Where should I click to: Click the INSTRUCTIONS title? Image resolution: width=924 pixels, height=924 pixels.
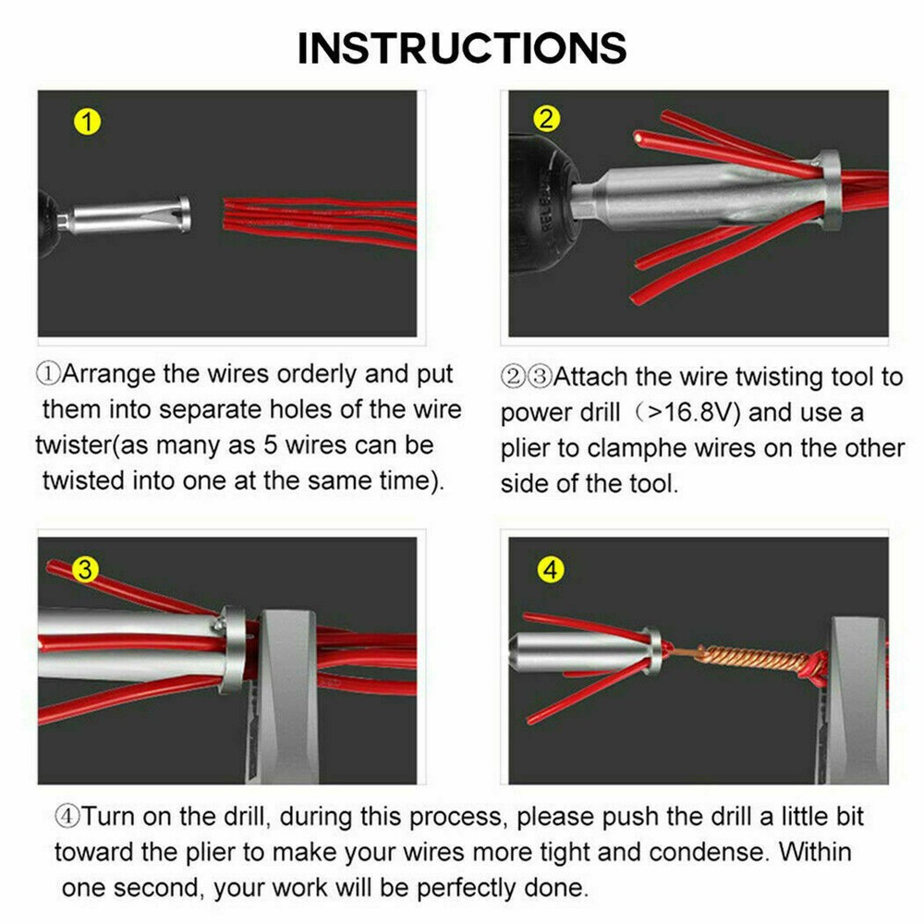pyautogui.click(x=462, y=48)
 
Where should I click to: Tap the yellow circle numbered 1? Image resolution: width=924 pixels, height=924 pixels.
pyautogui.click(x=87, y=123)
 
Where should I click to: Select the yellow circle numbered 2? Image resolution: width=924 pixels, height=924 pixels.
pyautogui.click(x=546, y=118)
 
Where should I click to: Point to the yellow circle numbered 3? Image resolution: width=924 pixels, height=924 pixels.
pyautogui.click(x=85, y=570)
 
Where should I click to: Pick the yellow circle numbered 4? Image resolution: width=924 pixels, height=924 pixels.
pyautogui.click(x=551, y=569)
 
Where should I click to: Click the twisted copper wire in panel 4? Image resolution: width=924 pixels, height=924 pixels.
pyautogui.click(x=748, y=659)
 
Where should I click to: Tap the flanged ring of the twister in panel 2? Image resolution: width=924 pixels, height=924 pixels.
pyautogui.click(x=829, y=189)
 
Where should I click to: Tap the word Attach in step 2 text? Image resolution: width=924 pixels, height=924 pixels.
pyautogui.click(x=590, y=377)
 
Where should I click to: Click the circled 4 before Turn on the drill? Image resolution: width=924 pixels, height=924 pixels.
pyautogui.click(x=67, y=817)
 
